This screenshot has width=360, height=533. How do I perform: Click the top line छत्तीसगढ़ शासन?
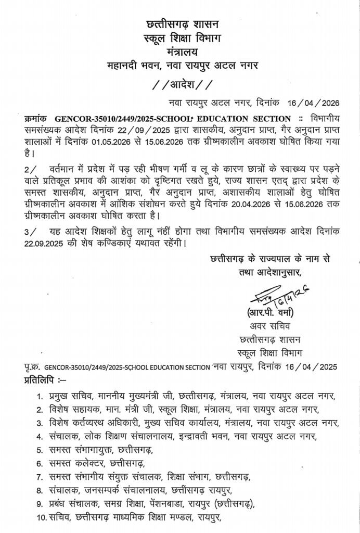coord(179,24)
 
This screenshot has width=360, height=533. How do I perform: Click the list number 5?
coord(40,450)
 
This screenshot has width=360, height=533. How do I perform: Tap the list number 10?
coord(42,517)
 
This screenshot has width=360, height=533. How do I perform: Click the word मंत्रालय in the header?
coord(179,52)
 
